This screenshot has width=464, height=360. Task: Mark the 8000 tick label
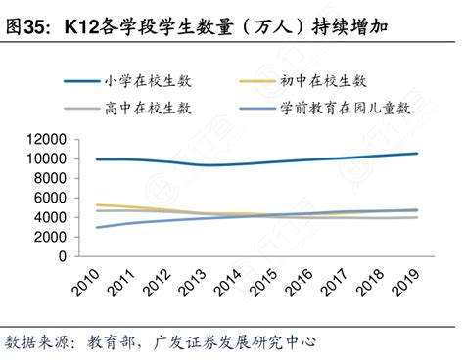[x=46, y=178]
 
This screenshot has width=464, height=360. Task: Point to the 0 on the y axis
[x=60, y=256]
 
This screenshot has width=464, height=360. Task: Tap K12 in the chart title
[x=84, y=26]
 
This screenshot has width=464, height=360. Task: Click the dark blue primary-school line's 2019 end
[x=417, y=154]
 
